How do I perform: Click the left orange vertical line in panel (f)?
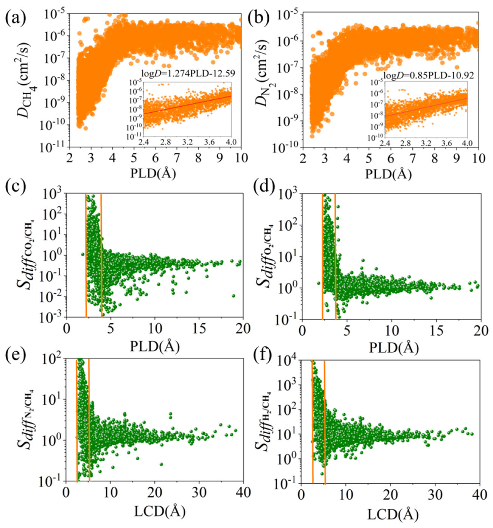point(312,422)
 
